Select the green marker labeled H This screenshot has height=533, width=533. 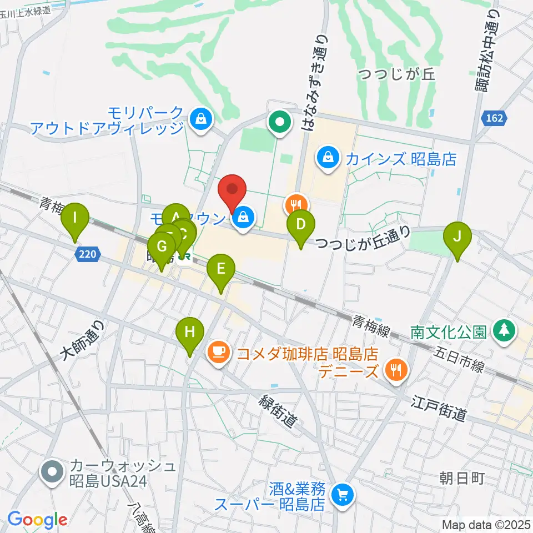coord(190,333)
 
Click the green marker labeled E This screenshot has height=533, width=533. coord(220,270)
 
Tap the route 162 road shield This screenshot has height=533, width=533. coord(492,118)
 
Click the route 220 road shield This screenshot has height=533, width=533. coord(87,254)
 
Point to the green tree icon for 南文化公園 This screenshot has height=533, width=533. coord(504,331)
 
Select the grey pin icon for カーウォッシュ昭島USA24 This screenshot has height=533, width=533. coord(53,472)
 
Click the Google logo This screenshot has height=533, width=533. coord(37,520)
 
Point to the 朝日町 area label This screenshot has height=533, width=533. coord(462,477)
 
